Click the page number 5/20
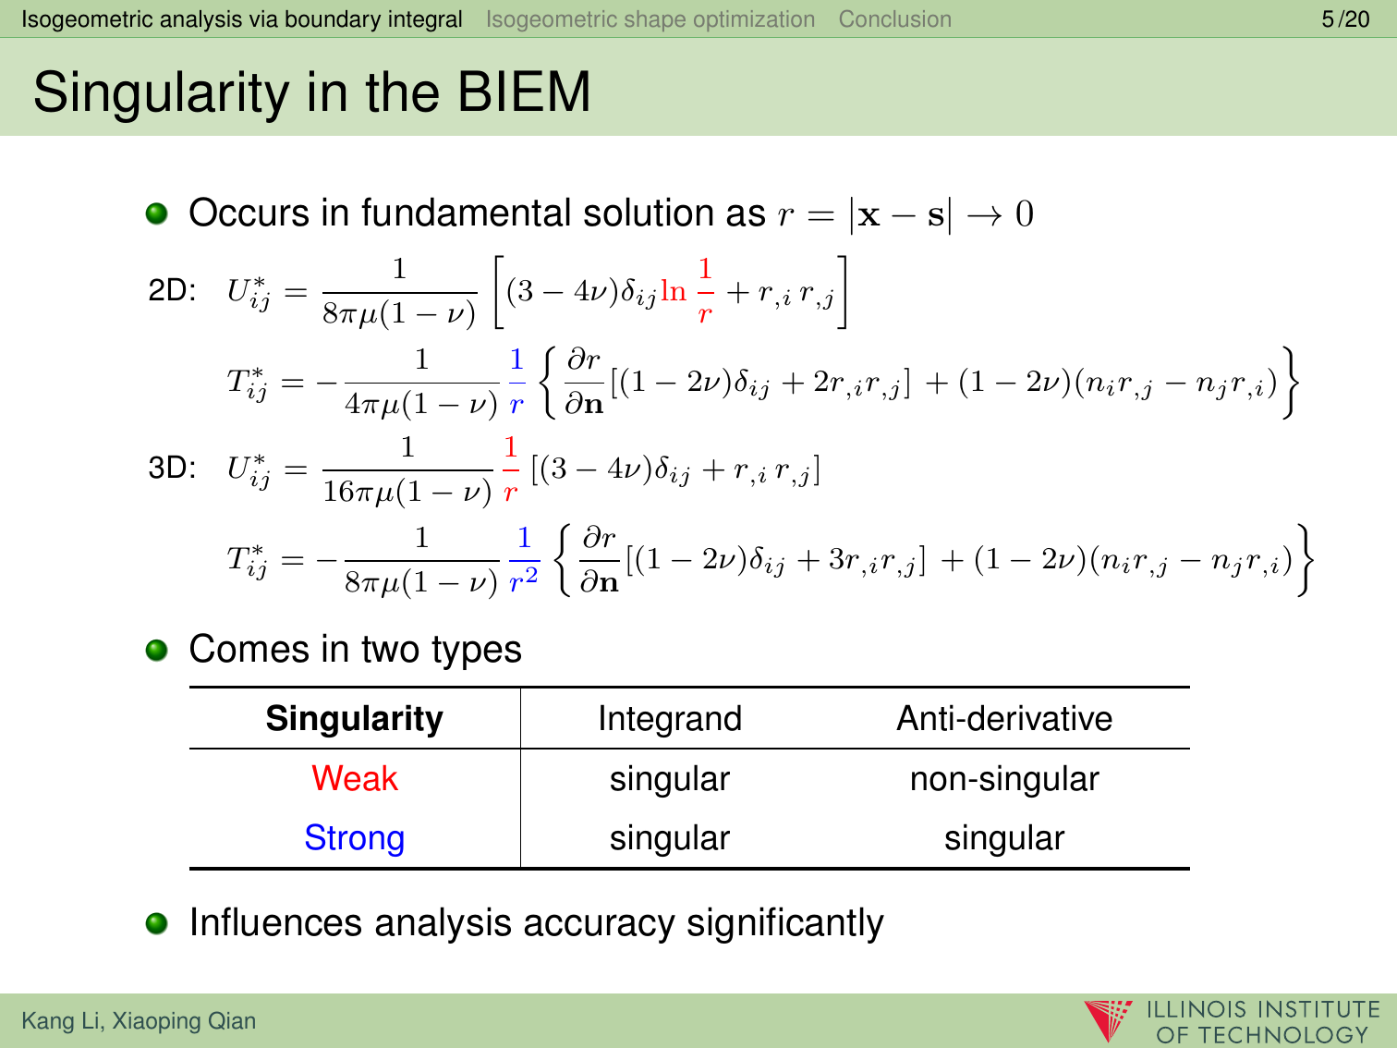point(1345,19)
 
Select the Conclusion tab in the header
point(895,19)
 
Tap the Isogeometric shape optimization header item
point(650,19)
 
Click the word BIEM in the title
point(524,92)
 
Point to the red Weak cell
point(355,778)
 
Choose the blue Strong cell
point(355,837)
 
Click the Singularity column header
point(355,719)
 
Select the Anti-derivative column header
point(1004,718)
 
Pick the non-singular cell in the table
point(1004,779)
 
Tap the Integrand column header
point(670,719)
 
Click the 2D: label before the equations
point(172,290)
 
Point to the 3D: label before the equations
point(172,468)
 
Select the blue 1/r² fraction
point(524,560)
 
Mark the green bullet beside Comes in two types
point(156,651)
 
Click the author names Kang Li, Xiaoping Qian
point(139,1020)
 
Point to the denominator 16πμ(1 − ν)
point(407,492)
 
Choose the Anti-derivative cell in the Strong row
point(1004,838)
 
